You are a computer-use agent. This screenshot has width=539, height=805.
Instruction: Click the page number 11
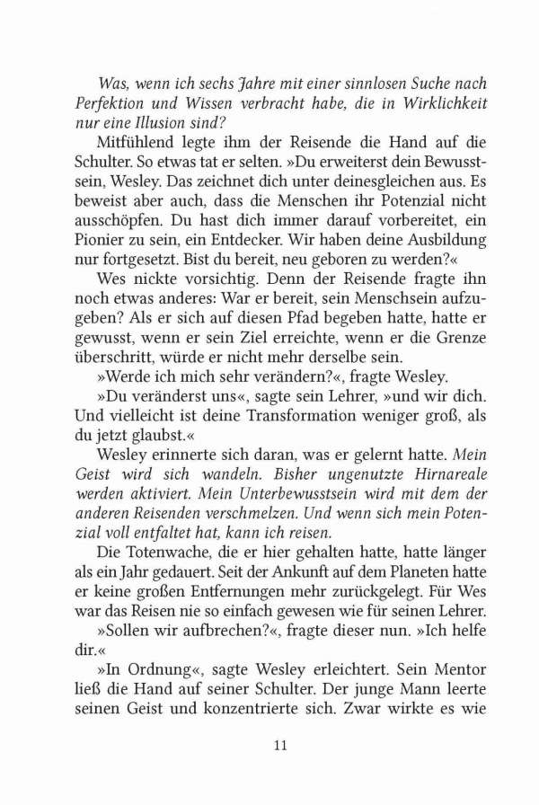(x=279, y=744)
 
